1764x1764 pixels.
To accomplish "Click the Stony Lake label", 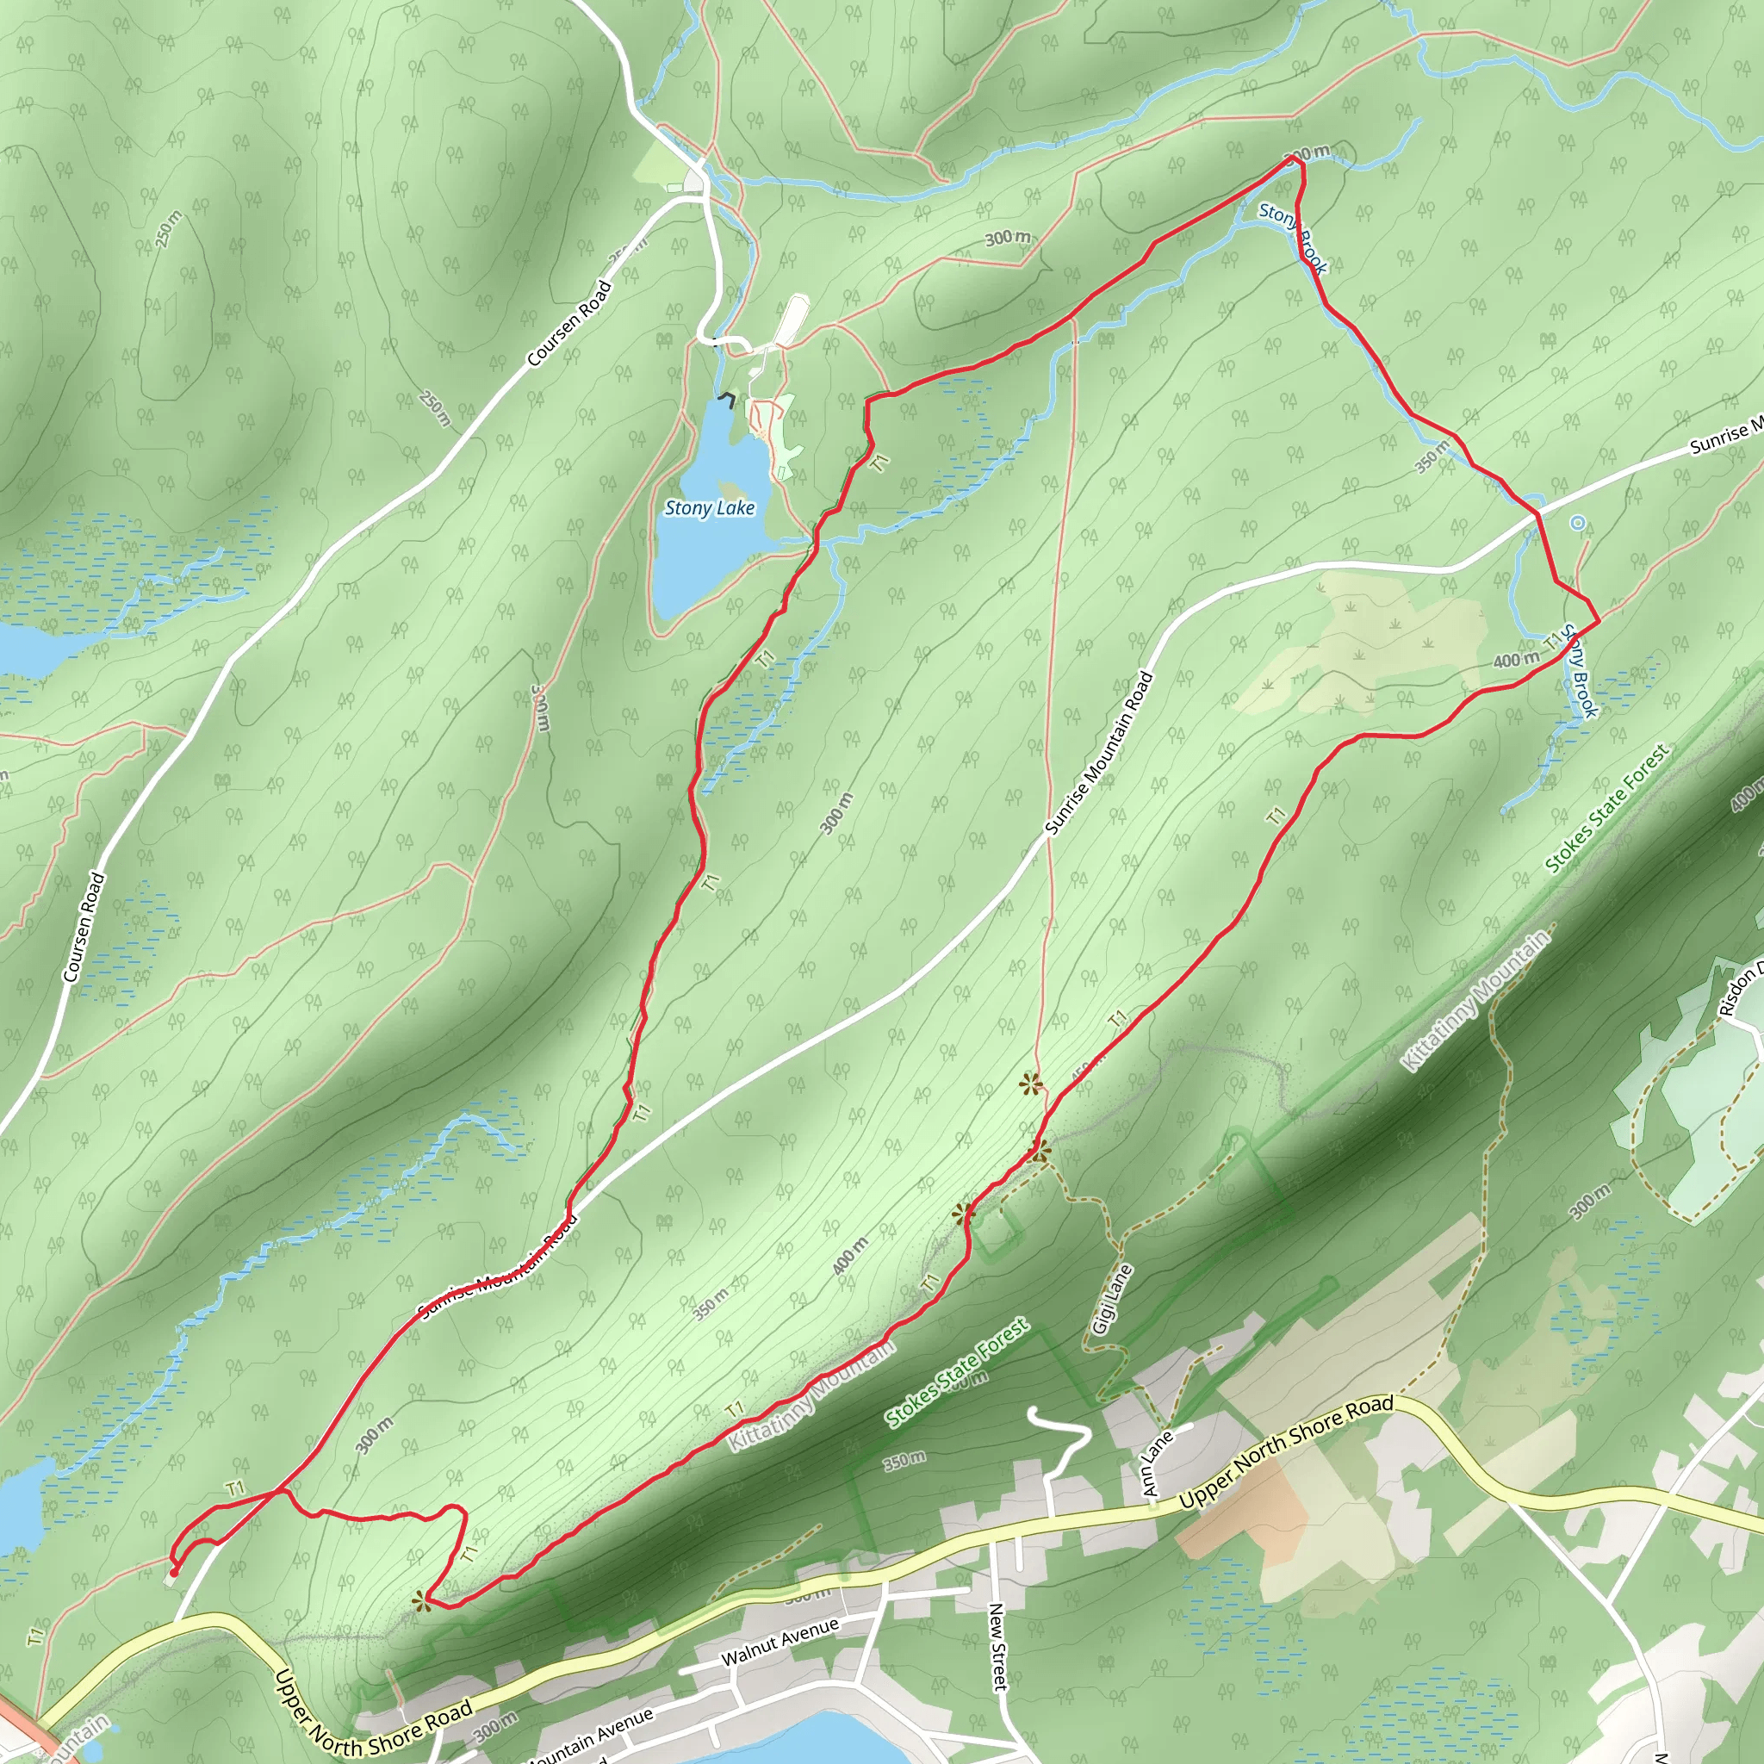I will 710,508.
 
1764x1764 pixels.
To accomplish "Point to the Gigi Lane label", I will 1112,1299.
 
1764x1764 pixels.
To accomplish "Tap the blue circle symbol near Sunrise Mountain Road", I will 1577,523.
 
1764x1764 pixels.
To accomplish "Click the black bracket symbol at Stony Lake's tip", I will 727,398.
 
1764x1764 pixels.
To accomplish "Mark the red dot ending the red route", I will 173,1571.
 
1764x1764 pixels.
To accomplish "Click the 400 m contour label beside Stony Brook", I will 1516,659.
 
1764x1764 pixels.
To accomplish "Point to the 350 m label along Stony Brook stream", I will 1432,457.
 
